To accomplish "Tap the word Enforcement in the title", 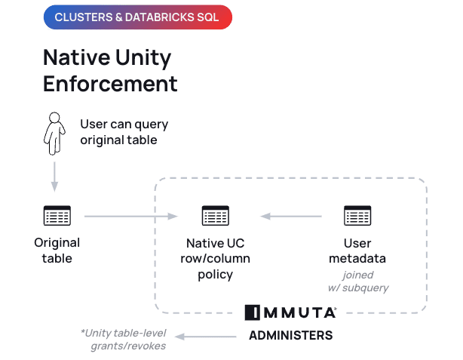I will point(110,83).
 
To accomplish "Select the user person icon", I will point(54,134).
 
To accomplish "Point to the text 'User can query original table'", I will point(124,132).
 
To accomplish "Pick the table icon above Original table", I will point(57,216).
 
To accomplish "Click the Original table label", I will point(57,251).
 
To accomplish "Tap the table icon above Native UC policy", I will point(215,216).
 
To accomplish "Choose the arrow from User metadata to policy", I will point(291,217).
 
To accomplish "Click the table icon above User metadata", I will point(357,216).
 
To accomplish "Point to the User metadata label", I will point(357,251).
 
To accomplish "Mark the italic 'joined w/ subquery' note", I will point(357,282).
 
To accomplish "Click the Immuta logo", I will point(290,312).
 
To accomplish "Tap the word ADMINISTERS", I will point(290,334).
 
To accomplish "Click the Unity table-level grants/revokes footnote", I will point(124,339).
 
